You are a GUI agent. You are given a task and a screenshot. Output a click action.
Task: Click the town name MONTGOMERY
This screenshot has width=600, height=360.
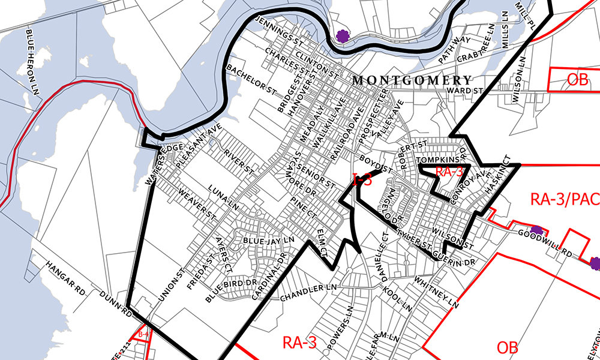tap(412, 80)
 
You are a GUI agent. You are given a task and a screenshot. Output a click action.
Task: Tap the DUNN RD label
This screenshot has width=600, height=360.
tap(116, 303)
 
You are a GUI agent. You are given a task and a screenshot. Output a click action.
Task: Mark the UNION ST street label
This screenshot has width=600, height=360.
tap(168, 291)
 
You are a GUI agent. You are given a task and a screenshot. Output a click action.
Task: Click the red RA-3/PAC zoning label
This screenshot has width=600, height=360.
tap(564, 199)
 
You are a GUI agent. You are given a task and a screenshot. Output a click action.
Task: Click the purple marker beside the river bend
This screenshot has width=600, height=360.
tap(343, 37)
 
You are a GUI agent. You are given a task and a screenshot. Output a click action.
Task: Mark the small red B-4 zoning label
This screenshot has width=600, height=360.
tap(143, 334)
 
